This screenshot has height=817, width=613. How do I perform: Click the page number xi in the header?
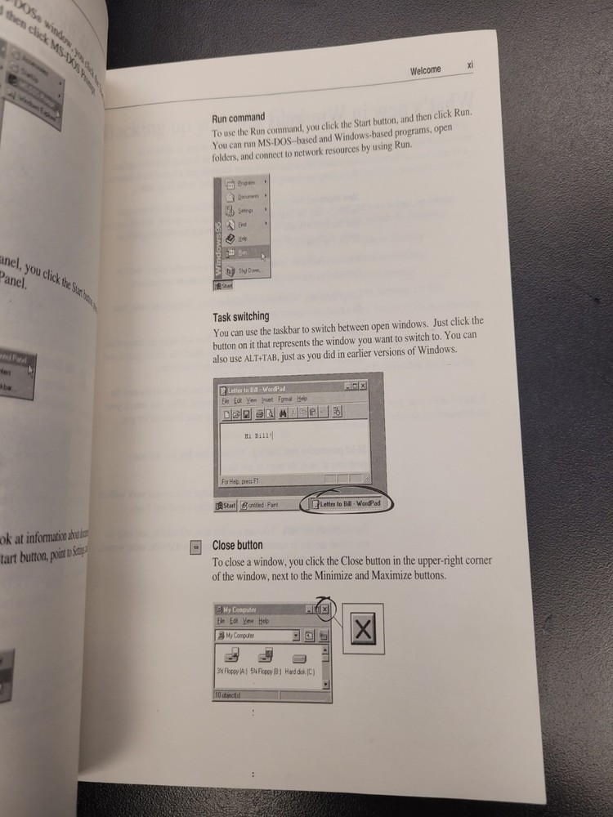coord(471,65)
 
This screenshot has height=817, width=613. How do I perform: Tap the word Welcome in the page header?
coord(425,70)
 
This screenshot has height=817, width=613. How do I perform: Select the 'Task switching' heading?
coord(240,316)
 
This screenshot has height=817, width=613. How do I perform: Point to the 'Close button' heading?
coord(237,545)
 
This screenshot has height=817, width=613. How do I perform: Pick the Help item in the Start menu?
coord(244,238)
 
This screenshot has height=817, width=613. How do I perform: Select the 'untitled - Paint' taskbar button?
coord(260,506)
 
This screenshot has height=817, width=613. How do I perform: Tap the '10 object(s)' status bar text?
coord(229,694)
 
